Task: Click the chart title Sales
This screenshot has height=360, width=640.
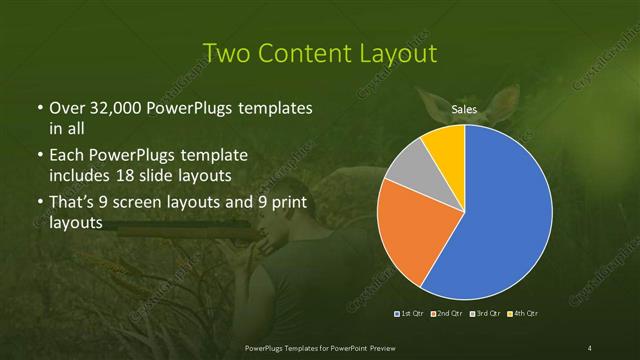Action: pyautogui.click(x=464, y=108)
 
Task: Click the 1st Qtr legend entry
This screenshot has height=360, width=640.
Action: pyautogui.click(x=412, y=314)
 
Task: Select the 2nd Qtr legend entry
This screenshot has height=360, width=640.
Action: pyautogui.click(x=447, y=314)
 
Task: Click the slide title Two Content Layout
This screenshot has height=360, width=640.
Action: pyautogui.click(x=320, y=52)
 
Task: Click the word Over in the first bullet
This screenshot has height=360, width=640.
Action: pyautogui.click(x=66, y=108)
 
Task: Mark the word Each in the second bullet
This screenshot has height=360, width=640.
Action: pyautogui.click(x=67, y=156)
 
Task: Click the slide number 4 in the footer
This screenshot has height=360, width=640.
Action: pyautogui.click(x=590, y=347)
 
